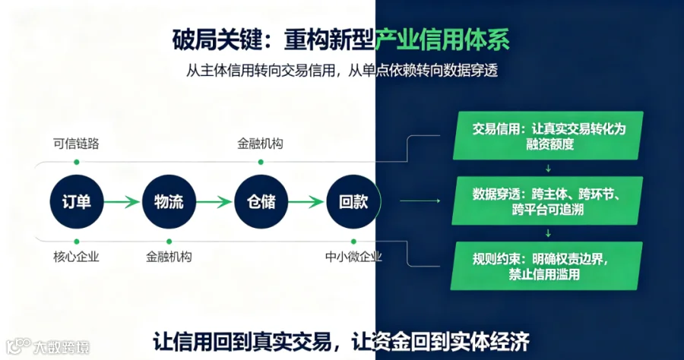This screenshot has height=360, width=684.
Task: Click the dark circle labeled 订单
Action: click(x=77, y=201)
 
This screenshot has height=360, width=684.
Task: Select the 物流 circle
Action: click(x=169, y=201)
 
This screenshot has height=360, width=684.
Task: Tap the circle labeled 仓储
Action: click(x=261, y=201)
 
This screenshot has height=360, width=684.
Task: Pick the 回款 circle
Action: click(x=353, y=201)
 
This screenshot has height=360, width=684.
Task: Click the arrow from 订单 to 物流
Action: click(x=122, y=202)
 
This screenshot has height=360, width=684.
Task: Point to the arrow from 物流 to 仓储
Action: click(x=214, y=202)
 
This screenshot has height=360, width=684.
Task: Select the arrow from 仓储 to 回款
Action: click(x=306, y=202)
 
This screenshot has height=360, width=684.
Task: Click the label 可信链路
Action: click(x=76, y=144)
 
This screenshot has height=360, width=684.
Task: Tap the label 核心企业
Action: click(x=76, y=257)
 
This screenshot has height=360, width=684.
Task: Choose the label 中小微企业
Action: click(x=353, y=257)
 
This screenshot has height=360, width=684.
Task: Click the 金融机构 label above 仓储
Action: click(x=261, y=144)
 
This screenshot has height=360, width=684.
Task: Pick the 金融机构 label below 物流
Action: click(x=169, y=257)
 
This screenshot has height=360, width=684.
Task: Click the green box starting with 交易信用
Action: click(x=548, y=135)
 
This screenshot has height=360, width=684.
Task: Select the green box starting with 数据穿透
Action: click(x=547, y=201)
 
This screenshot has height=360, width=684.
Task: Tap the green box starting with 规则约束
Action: click(x=546, y=266)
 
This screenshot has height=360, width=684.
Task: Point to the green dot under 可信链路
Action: click(x=77, y=162)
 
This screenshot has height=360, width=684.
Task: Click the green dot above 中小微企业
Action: click(x=353, y=242)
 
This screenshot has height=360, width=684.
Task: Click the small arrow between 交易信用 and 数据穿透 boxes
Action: click(x=548, y=169)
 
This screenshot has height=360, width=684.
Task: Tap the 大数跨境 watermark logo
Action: click(x=48, y=346)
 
